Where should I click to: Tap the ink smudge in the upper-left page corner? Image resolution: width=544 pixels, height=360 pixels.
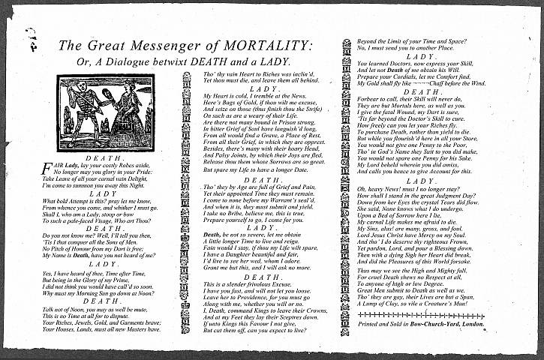[x=30, y=36]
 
